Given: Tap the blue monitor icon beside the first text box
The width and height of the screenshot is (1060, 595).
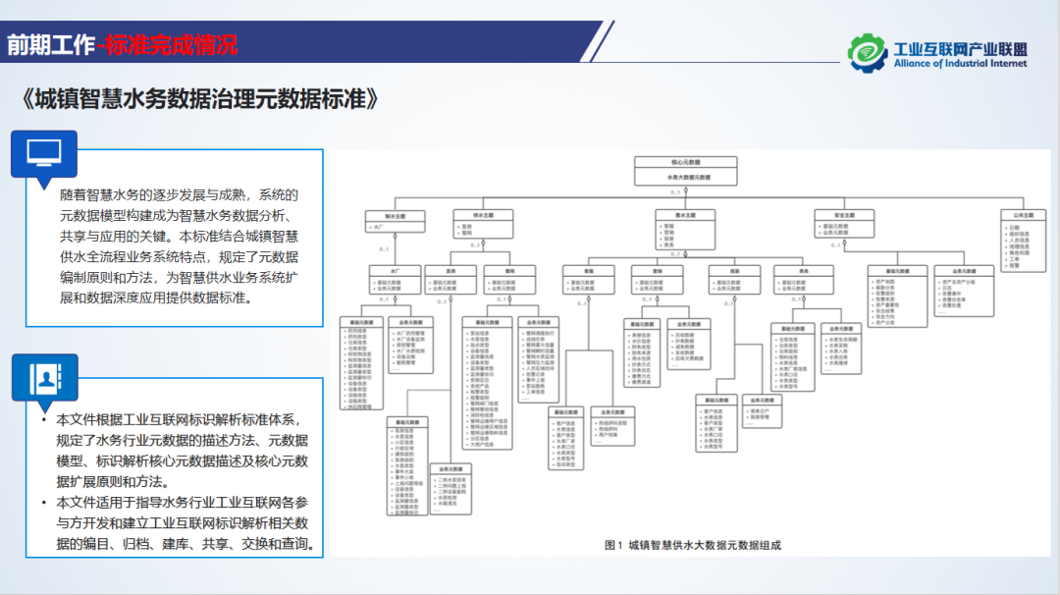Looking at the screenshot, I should tap(43, 151).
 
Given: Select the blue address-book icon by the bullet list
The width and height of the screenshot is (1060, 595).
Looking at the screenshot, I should tap(43, 377).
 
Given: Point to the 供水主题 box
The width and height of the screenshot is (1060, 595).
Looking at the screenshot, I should tap(483, 214).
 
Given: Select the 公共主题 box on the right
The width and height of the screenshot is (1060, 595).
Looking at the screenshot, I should tap(1026, 214).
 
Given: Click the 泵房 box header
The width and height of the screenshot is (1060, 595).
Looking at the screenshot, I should tap(450, 270).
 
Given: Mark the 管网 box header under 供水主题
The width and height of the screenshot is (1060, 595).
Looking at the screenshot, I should tap(508, 270).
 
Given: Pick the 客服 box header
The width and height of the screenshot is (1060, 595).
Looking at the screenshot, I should tap(589, 270).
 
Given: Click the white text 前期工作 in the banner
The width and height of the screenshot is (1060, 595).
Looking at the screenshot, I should tap(51, 44).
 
